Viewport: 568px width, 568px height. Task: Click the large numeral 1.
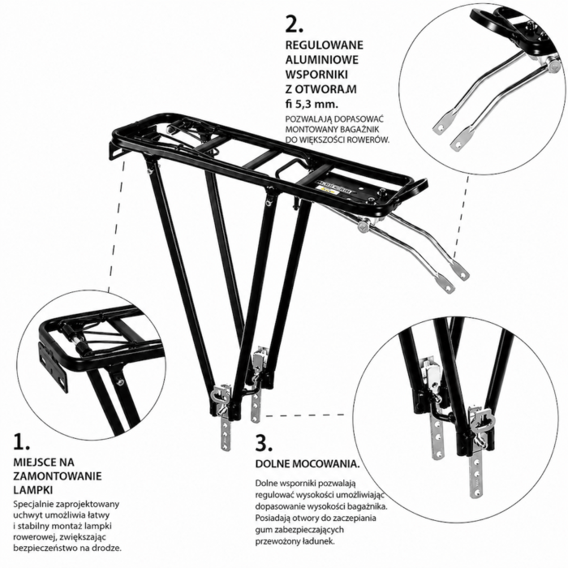point(21,441)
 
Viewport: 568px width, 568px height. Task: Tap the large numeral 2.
point(294,24)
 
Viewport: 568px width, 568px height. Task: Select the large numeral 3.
point(264,443)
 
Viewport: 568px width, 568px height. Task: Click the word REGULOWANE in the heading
point(325,45)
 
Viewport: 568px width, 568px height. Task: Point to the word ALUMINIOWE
point(321,59)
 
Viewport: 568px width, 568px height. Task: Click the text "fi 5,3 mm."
point(312,105)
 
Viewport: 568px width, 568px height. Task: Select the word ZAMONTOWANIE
point(58,476)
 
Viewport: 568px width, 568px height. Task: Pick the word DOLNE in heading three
point(273,464)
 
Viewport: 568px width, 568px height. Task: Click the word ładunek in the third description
point(321,541)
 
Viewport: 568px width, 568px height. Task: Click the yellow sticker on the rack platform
point(328,189)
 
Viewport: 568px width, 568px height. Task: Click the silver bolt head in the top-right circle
point(553,66)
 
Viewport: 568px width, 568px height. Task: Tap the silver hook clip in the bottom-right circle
point(481,420)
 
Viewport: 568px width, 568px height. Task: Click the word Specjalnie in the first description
point(31,504)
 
